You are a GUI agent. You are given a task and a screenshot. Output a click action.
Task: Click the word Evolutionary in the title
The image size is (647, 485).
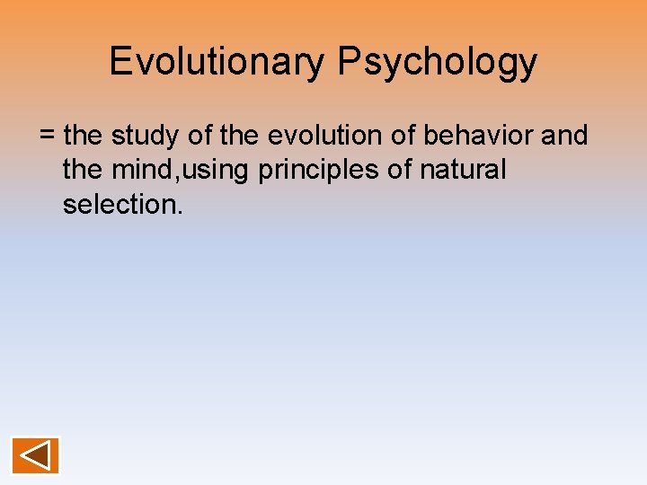[x=218, y=62]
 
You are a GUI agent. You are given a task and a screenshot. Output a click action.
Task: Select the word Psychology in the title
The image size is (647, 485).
[x=439, y=62]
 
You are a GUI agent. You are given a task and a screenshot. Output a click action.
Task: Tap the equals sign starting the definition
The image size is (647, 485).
[x=48, y=137]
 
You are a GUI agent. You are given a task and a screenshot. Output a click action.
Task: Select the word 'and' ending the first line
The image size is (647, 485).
[x=566, y=136]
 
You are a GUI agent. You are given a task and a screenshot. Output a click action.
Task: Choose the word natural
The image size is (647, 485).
[x=463, y=170]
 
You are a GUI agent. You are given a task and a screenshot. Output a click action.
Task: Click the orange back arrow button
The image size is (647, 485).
[x=36, y=455]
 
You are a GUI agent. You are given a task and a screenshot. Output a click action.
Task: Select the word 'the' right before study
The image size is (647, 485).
[x=84, y=136]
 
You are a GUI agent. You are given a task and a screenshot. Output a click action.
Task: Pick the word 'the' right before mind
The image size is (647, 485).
[x=82, y=170]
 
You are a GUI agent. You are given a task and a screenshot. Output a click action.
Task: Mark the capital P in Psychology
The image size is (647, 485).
[x=350, y=61]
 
